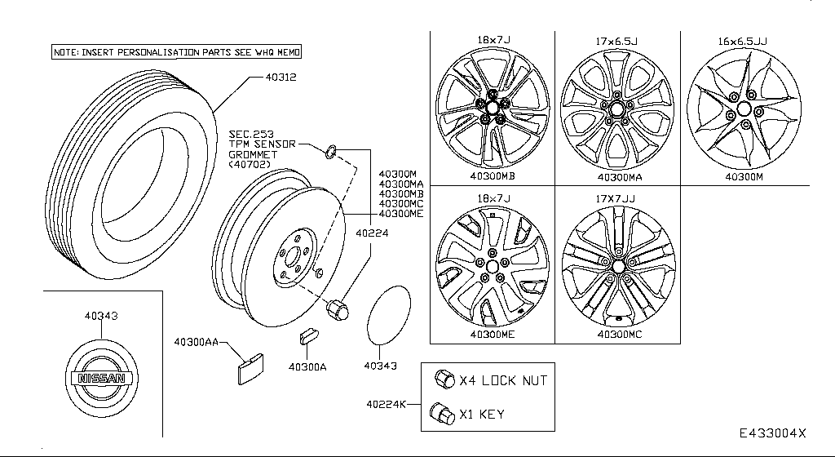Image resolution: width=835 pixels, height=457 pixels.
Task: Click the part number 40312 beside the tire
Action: (279, 78)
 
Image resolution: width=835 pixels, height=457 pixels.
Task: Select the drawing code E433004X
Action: (773, 433)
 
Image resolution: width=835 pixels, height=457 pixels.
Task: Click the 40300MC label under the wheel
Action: (619, 335)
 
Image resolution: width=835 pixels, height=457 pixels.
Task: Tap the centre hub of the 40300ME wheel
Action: (492, 267)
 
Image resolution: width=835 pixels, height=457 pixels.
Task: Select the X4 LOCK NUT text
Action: (503, 380)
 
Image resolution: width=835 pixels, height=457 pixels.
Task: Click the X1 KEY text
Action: (482, 414)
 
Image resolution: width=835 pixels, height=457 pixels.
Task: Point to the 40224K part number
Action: (387, 404)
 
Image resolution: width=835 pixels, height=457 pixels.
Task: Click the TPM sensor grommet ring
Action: (331, 149)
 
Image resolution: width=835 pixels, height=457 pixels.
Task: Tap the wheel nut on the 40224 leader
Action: (337, 310)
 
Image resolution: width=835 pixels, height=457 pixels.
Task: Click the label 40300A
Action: (307, 367)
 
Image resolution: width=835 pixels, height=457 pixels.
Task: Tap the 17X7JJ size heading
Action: (617, 197)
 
